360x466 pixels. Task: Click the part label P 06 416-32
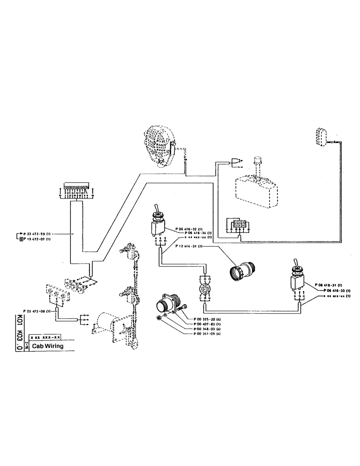pyautogui.click(x=190, y=229)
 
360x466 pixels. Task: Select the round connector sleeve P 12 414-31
pyautogui.click(x=241, y=270)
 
